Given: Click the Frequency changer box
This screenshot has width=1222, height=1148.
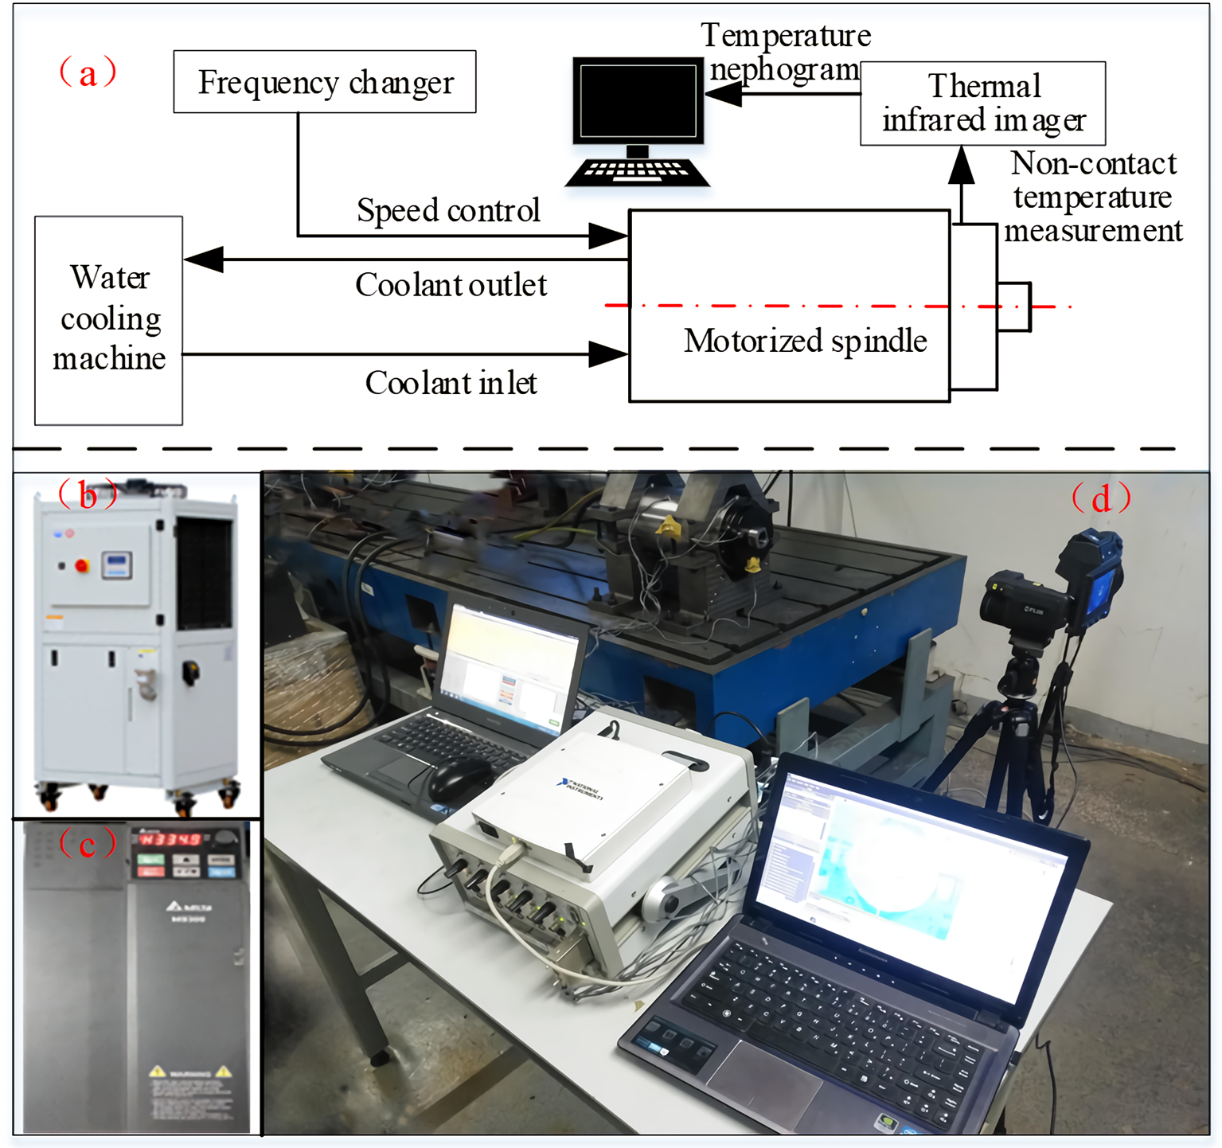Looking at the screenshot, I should pos(325,82).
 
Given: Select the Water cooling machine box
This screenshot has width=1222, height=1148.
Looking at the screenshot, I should pos(109,320).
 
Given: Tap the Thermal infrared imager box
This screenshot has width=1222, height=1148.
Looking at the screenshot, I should pos(982,103).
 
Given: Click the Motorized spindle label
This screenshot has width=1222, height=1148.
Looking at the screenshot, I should pos(805,341).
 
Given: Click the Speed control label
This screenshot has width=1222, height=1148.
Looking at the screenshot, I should pos(448,210).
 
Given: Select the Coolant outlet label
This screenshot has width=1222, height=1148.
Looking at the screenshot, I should pos(451,285).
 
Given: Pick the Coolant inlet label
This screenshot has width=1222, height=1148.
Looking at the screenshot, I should pos(451,383).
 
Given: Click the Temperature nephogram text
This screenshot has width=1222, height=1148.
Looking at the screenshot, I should pos(785,52).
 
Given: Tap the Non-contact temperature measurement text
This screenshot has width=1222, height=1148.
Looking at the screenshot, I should pos(1093,197).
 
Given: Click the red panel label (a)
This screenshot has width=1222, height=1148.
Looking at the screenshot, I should pos(88,72).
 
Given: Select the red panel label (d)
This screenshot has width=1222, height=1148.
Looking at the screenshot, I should pos(1101,498).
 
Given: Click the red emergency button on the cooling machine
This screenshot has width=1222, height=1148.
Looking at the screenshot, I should pos(81,566).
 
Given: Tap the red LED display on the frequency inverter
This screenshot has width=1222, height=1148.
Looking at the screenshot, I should pos(170,839).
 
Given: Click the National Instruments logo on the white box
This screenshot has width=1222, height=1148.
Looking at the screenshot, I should pos(582,788).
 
